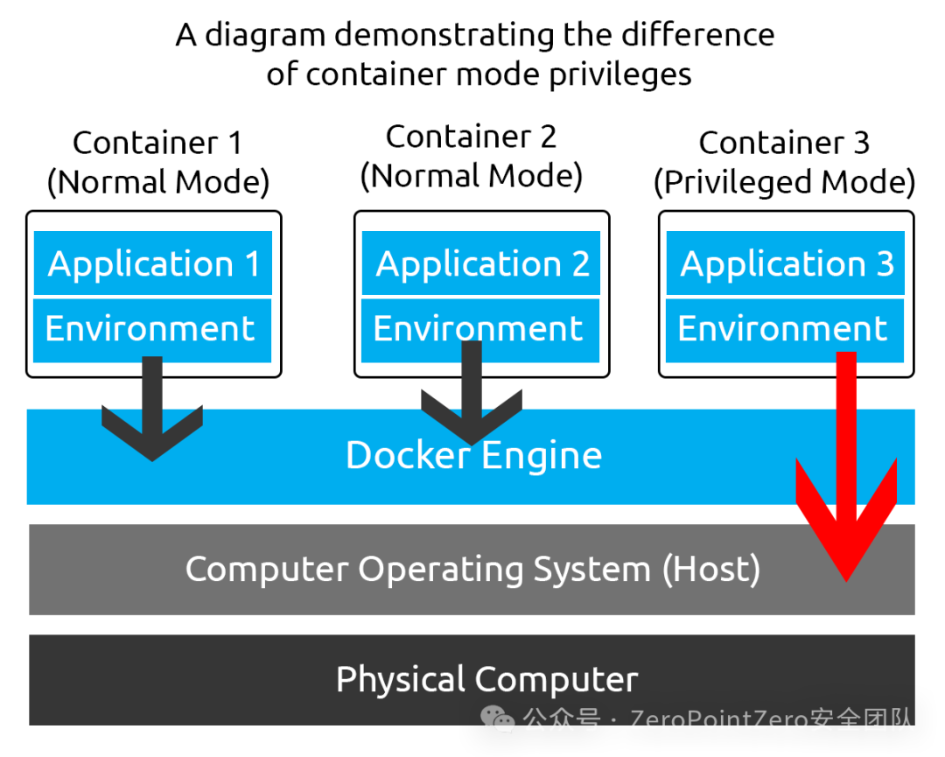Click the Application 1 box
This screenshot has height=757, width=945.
tap(153, 263)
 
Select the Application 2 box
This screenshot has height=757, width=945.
tap(481, 263)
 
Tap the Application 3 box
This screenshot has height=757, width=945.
tap(785, 263)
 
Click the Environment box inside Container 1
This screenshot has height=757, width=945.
tap(152, 331)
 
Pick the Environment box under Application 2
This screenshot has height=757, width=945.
tap(480, 331)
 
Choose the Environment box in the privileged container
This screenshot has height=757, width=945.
tap(785, 331)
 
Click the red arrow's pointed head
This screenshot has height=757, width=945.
tap(846, 581)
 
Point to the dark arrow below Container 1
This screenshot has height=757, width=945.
tap(152, 409)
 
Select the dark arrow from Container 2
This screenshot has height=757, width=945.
tap(472, 393)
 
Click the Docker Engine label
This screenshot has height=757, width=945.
tap(473, 456)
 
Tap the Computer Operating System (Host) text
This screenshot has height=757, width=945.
tap(472, 570)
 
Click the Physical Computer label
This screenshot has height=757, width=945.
tap(487, 680)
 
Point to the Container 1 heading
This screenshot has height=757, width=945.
tap(157, 143)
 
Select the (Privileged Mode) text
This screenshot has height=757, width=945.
tap(785, 182)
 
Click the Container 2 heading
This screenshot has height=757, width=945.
tap(471, 137)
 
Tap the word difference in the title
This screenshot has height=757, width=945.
tap(698, 34)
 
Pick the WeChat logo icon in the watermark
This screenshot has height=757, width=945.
tap(497, 719)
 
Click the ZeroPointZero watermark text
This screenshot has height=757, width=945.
tap(718, 719)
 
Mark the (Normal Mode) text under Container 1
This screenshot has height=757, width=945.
tap(157, 182)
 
